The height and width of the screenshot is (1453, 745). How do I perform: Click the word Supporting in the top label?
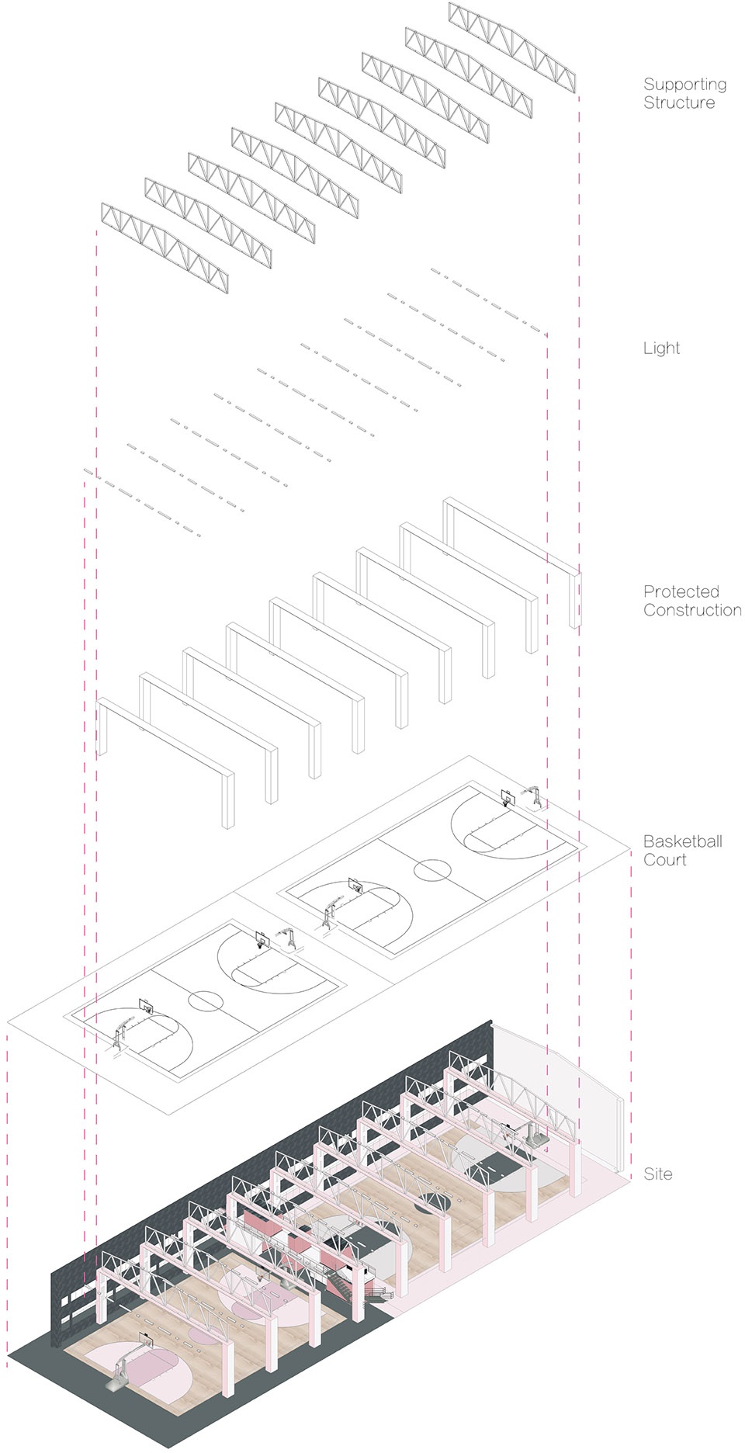684,85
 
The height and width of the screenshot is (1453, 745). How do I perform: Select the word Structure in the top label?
679,102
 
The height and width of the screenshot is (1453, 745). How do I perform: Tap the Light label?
661,349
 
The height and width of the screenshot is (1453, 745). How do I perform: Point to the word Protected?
681,591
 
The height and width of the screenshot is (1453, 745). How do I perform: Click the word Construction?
692,610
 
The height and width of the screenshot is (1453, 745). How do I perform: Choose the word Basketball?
683,841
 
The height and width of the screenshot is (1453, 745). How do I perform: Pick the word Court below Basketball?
665,860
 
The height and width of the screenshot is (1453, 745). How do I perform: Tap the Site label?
658,1174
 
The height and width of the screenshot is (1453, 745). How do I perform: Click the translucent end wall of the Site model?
559,1094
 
